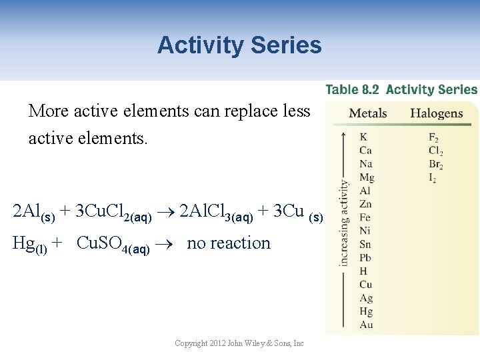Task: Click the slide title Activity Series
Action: tap(239, 45)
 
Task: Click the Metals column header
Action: tap(368, 113)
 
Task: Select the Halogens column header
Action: tap(436, 113)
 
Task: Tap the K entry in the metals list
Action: tap(363, 137)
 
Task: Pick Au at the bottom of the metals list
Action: tap(366, 325)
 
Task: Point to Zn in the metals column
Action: tap(365, 204)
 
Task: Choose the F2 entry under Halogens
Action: tap(433, 138)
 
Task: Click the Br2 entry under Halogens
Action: tap(435, 165)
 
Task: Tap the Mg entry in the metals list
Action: tap(367, 177)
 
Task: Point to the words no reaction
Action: tap(229, 243)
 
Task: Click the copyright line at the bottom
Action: tap(239, 343)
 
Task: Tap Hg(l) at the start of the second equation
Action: tap(30, 244)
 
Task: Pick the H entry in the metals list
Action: tap(363, 271)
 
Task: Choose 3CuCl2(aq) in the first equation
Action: tap(113, 212)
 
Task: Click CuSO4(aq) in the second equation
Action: tap(113, 244)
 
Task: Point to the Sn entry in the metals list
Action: tap(365, 245)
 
